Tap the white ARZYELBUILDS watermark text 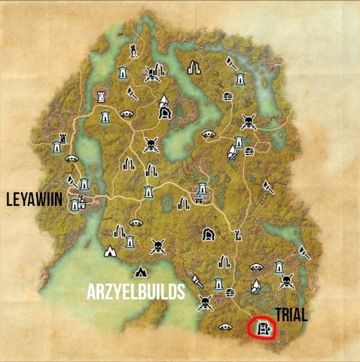click(130, 292)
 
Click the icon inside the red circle click(262, 328)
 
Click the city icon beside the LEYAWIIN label click(77, 203)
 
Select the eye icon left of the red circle click(224, 327)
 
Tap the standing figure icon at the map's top click(133, 51)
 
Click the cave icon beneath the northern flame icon click(165, 114)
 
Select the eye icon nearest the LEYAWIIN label click(72, 159)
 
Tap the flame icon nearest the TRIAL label click(256, 287)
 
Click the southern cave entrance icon click(208, 235)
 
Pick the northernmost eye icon click(127, 115)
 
